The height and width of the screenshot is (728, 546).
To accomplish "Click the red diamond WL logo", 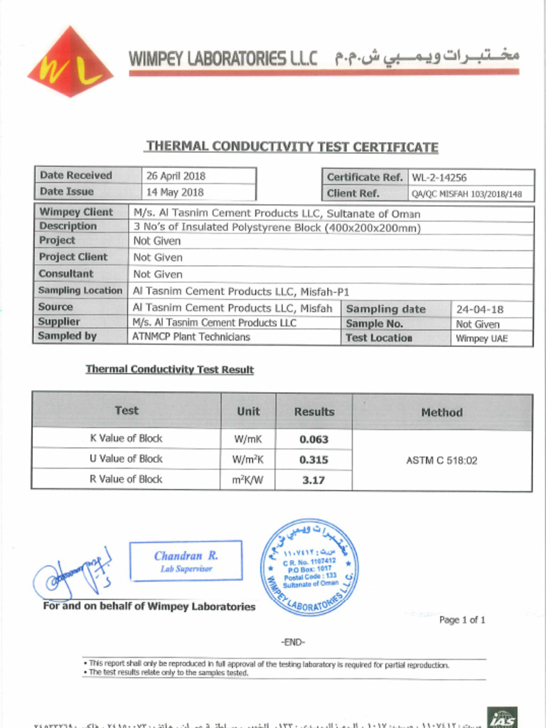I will pyautogui.click(x=70, y=63).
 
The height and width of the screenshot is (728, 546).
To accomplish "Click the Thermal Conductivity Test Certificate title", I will pyautogui.click(x=291, y=147).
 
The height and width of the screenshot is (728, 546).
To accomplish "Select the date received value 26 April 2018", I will pyautogui.click(x=176, y=176).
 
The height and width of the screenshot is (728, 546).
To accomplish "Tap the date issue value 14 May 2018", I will pyautogui.click(x=175, y=192).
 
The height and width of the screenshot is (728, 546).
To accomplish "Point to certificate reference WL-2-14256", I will pyautogui.click(x=439, y=178).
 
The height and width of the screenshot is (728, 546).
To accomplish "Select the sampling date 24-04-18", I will pyautogui.click(x=480, y=309).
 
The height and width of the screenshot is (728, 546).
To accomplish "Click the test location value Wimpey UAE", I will pyautogui.click(x=481, y=338).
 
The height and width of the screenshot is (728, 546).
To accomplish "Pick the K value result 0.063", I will pyautogui.click(x=314, y=439).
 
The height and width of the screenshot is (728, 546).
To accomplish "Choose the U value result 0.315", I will pyautogui.click(x=314, y=460).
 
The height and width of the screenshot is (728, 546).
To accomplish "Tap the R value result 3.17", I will pyautogui.click(x=314, y=480).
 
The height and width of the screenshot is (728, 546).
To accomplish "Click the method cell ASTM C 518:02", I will pyautogui.click(x=441, y=461).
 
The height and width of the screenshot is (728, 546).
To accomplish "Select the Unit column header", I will pyautogui.click(x=248, y=411).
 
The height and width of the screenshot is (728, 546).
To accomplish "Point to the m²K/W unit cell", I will pyautogui.click(x=248, y=480).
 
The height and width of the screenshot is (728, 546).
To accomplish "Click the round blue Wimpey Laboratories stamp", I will pyautogui.click(x=309, y=567).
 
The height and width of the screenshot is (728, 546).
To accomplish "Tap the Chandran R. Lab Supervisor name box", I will pyautogui.click(x=186, y=561).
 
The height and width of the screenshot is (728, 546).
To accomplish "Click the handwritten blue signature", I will pyautogui.click(x=71, y=574).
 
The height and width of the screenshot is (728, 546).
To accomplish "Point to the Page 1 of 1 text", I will pyautogui.click(x=462, y=620).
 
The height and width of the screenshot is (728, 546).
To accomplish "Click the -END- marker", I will pyautogui.click(x=293, y=642).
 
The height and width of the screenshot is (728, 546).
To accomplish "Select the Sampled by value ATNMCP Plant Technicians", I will pyautogui.click(x=191, y=337).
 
